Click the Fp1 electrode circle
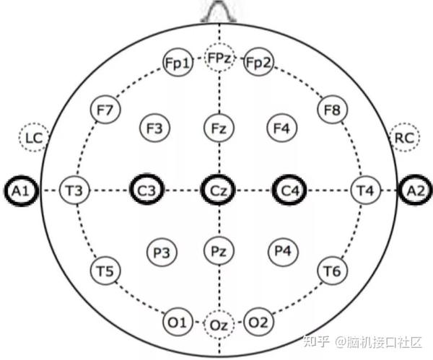click(x=178, y=64)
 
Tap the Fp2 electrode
click(x=258, y=64)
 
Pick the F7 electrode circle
click(x=105, y=110)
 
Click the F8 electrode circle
click(x=332, y=110)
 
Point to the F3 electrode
click(x=154, y=129)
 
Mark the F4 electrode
click(x=281, y=129)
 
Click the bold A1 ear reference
click(x=19, y=190)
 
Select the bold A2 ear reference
click(x=416, y=190)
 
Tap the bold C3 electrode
click(x=146, y=190)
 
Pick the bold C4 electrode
click(x=290, y=190)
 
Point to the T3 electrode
click(x=74, y=190)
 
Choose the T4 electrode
click(x=364, y=190)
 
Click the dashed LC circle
click(x=32, y=137)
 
